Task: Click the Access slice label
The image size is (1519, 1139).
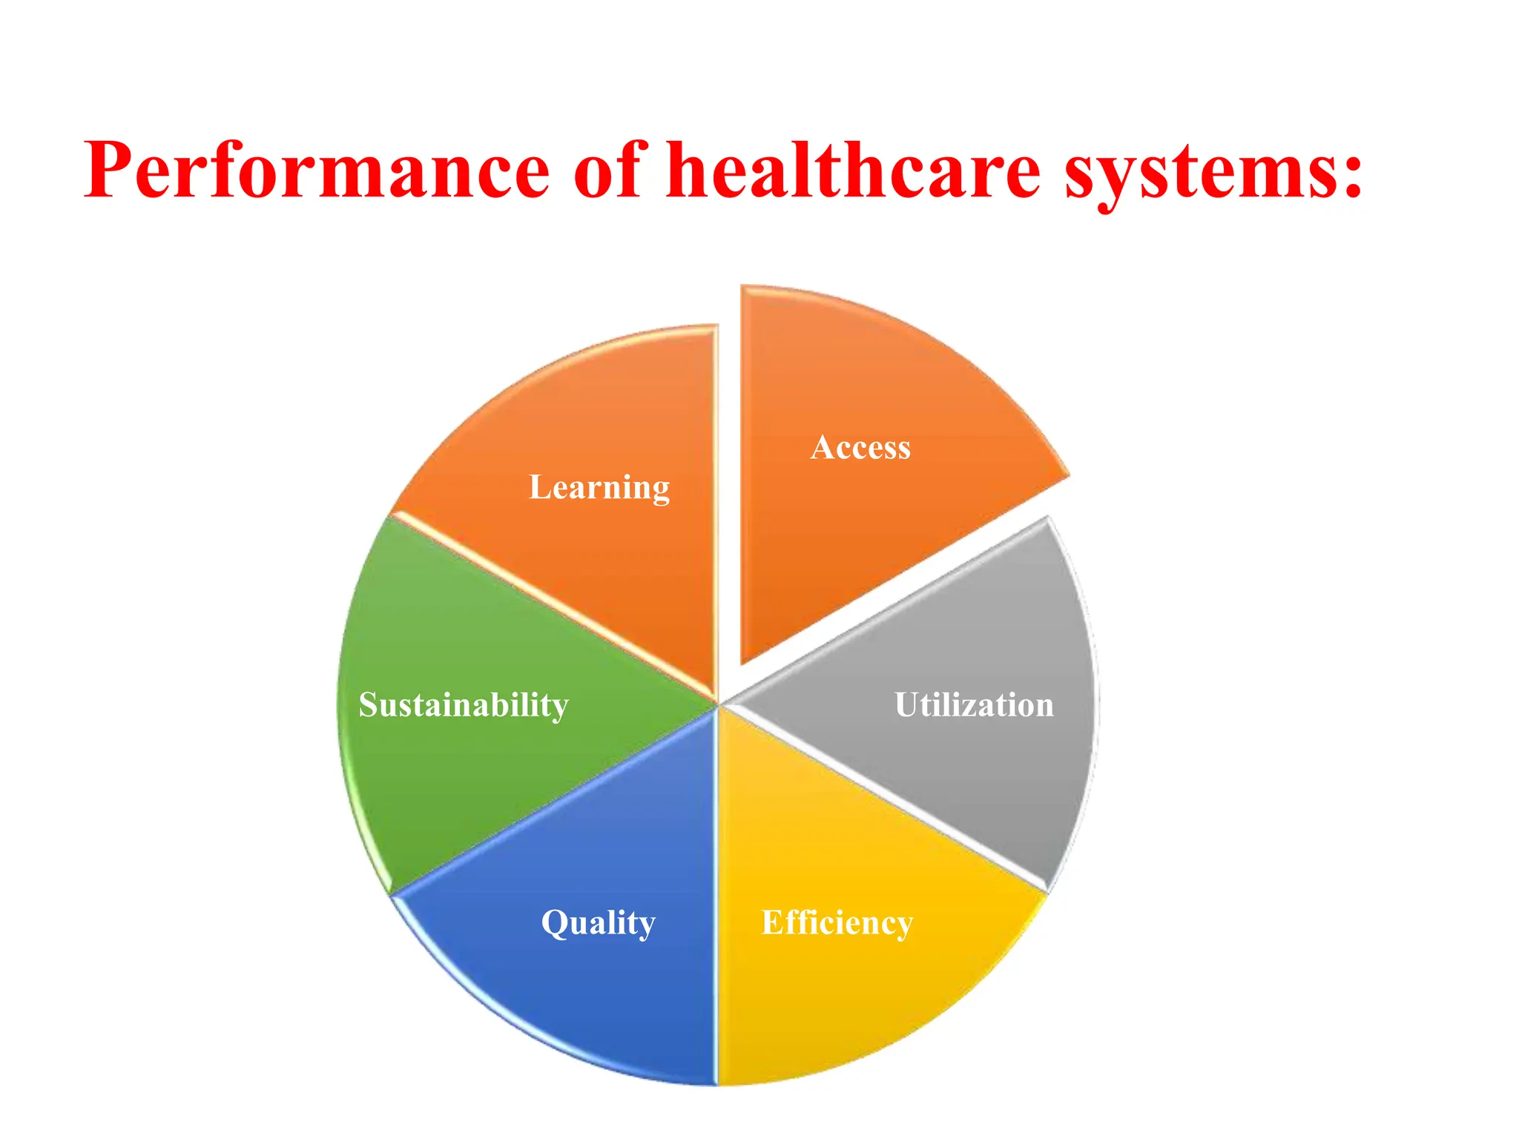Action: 860,447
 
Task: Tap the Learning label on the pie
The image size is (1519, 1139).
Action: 599,488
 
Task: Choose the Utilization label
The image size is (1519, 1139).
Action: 974,704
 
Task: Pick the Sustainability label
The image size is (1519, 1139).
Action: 464,704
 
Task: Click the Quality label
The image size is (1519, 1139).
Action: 598,923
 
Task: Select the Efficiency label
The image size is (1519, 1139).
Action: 837,923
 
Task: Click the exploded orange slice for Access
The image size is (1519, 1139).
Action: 853,534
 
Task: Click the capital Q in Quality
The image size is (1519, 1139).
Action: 555,923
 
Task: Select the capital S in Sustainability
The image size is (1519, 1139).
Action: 369,704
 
